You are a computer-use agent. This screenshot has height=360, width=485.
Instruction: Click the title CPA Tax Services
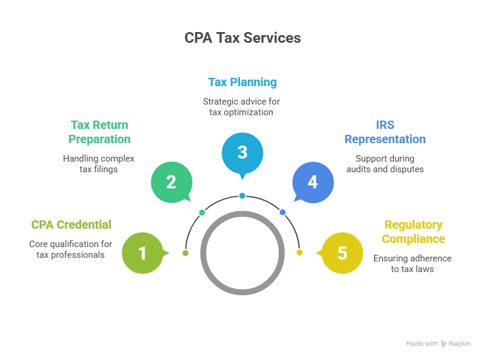click(242, 38)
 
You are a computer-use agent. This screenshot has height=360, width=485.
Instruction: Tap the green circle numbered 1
click(142, 253)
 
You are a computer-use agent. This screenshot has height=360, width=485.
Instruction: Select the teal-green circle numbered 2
click(171, 181)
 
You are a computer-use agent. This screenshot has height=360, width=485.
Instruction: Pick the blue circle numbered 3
click(242, 152)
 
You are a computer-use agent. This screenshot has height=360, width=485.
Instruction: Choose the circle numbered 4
click(313, 181)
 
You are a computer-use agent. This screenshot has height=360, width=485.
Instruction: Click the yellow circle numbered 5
click(342, 253)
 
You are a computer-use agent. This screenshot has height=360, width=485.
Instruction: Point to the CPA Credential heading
click(71, 225)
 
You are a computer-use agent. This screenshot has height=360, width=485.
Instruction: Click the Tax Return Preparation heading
click(99, 132)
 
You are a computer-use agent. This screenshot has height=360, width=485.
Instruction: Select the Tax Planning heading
click(242, 82)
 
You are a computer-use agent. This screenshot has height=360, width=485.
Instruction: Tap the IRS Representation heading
click(385, 132)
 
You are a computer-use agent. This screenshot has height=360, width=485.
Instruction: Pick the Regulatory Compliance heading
click(413, 232)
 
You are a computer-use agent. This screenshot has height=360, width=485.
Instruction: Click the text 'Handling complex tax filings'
click(99, 163)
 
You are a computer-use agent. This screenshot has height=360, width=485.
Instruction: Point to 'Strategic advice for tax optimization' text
click(242, 107)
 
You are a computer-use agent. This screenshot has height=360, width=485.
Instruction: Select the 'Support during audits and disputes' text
click(385, 163)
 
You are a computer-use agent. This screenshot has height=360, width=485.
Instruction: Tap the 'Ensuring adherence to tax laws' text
click(413, 263)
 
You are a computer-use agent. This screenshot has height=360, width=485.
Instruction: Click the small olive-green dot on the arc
click(185, 253)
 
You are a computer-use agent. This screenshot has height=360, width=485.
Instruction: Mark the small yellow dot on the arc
click(299, 252)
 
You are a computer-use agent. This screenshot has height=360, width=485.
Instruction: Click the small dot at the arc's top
click(242, 195)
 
